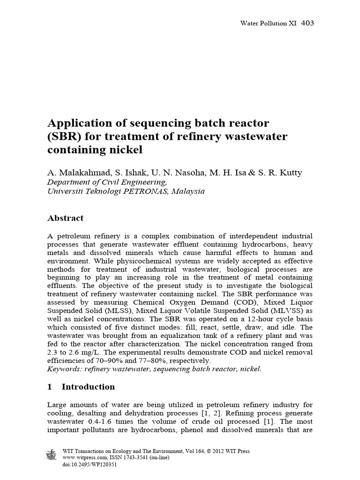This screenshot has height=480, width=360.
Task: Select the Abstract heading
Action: pyautogui.click(x=66, y=218)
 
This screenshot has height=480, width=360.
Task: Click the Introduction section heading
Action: pyautogui.click(x=88, y=387)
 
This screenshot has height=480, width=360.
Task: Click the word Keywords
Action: pyautogui.click(x=65, y=369)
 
